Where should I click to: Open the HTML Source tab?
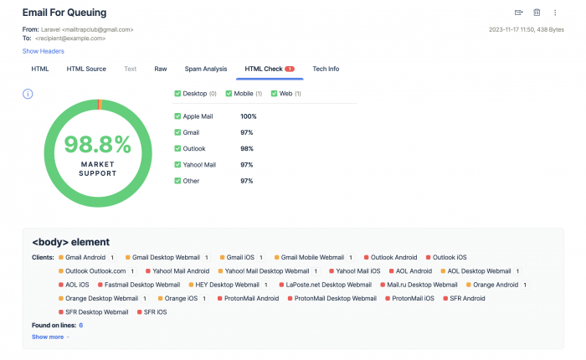click(86, 69)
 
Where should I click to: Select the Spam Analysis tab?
click(206, 69)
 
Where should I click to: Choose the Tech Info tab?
click(326, 69)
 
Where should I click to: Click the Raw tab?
click(161, 69)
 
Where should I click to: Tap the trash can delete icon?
click(537, 13)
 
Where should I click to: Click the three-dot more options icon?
click(555, 13)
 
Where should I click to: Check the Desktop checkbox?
click(177, 93)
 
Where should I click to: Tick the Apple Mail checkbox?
click(177, 116)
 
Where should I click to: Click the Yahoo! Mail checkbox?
click(177, 164)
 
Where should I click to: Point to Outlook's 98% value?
click(247, 148)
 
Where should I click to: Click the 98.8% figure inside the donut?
click(98, 145)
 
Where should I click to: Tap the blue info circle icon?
click(28, 93)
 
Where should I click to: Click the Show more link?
click(50, 337)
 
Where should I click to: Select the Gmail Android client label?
click(84, 257)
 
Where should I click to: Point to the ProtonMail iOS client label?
click(413, 298)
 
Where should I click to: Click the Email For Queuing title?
click(70, 13)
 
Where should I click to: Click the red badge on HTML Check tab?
click(290, 69)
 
